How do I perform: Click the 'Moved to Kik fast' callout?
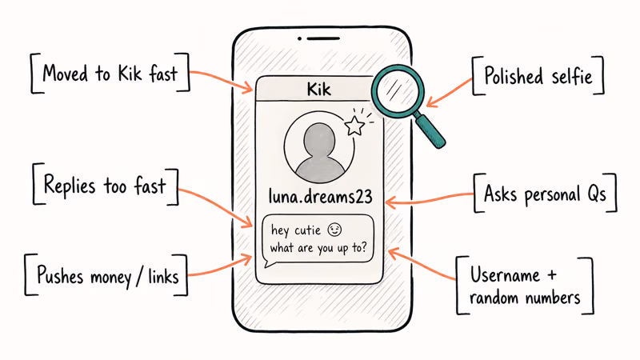pos(110,74)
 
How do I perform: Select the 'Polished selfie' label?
pos(538,76)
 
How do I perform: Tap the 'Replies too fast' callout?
pos(106,185)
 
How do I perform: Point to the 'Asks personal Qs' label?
pos(545,194)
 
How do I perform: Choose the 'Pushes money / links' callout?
pos(107,275)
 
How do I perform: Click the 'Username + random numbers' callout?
pos(525,286)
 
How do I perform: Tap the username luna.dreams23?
pos(321,196)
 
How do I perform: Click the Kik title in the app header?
pos(318,89)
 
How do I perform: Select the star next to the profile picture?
pos(354,126)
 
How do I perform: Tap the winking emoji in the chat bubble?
pos(334,230)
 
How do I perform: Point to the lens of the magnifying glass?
pos(397,90)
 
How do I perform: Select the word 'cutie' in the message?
pos(307,230)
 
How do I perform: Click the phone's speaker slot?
pos(323,38)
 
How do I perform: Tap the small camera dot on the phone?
pos(299,38)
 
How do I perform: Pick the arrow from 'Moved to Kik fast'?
pos(222,78)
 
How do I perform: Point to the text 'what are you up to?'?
pos(318,248)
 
